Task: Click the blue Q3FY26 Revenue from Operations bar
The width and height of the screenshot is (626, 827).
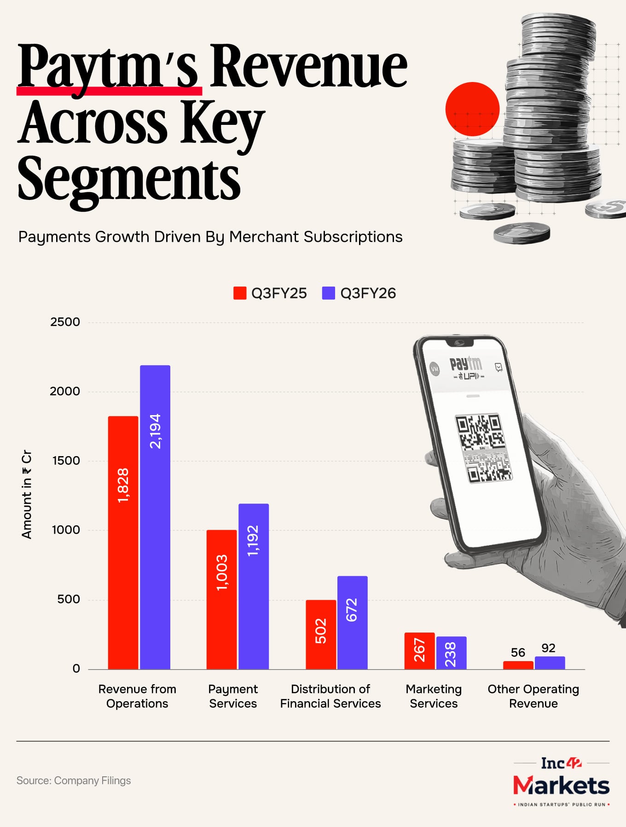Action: (x=155, y=516)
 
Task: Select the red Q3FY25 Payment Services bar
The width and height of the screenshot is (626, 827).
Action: (x=221, y=599)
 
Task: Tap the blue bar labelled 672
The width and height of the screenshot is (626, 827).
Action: (x=352, y=622)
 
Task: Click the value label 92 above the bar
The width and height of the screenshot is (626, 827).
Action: (x=548, y=648)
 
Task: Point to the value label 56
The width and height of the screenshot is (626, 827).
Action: (x=518, y=652)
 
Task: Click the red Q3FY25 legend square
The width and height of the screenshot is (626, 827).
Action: (x=240, y=293)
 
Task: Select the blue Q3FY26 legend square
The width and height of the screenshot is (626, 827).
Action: (x=328, y=293)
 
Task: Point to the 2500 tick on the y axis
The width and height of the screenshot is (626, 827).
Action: (x=65, y=322)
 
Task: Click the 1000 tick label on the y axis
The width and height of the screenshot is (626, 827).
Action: (x=66, y=530)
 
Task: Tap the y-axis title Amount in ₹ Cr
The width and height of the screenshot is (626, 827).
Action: (x=27, y=494)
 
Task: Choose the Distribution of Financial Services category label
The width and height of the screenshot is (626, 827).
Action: (x=330, y=696)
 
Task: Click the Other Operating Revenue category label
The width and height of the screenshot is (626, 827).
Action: (x=533, y=696)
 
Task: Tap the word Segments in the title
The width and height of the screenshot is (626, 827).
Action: (x=129, y=180)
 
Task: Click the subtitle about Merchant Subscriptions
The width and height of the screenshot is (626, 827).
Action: (x=210, y=237)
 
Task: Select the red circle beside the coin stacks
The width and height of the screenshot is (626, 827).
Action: (x=472, y=109)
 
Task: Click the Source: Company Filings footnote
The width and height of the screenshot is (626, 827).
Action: (x=74, y=780)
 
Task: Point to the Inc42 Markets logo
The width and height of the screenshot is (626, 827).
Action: (x=561, y=780)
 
